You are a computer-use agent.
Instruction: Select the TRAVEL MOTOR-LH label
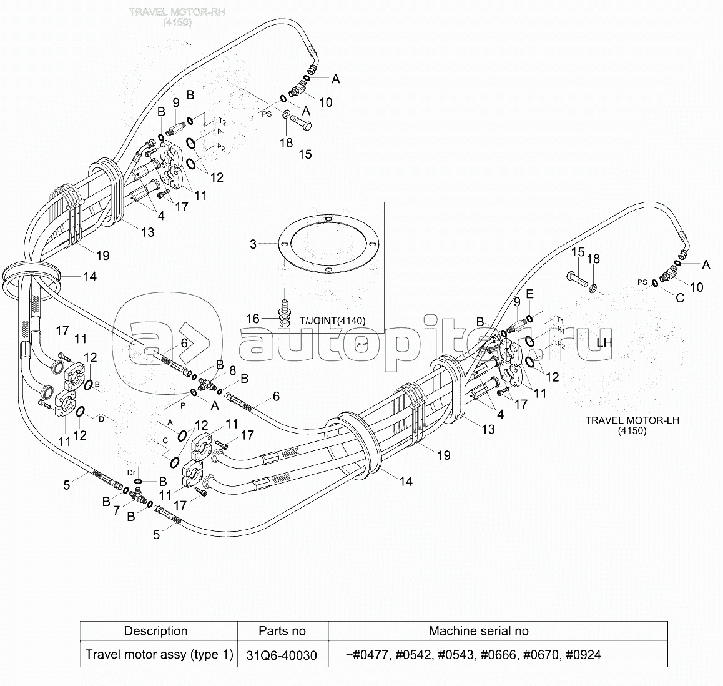click(631, 420)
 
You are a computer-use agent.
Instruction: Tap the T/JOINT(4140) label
click(333, 321)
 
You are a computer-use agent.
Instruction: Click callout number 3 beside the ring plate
click(253, 244)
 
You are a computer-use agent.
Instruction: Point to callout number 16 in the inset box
click(252, 319)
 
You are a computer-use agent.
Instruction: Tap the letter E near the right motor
click(529, 293)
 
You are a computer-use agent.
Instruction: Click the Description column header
click(155, 631)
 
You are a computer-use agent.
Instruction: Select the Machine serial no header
click(478, 631)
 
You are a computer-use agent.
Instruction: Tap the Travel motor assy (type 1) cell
click(159, 655)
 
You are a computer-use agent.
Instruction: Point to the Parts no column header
click(282, 631)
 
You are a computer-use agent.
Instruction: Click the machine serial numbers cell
click(473, 655)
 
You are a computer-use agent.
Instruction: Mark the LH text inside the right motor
click(604, 343)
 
